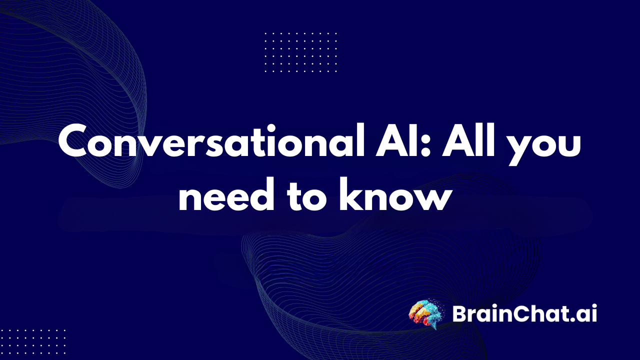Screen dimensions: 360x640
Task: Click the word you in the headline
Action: coord(549,145)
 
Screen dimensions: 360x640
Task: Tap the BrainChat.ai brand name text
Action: coord(524,314)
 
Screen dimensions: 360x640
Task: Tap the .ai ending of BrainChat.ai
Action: coord(584,314)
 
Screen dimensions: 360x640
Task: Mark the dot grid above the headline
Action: coord(300,52)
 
